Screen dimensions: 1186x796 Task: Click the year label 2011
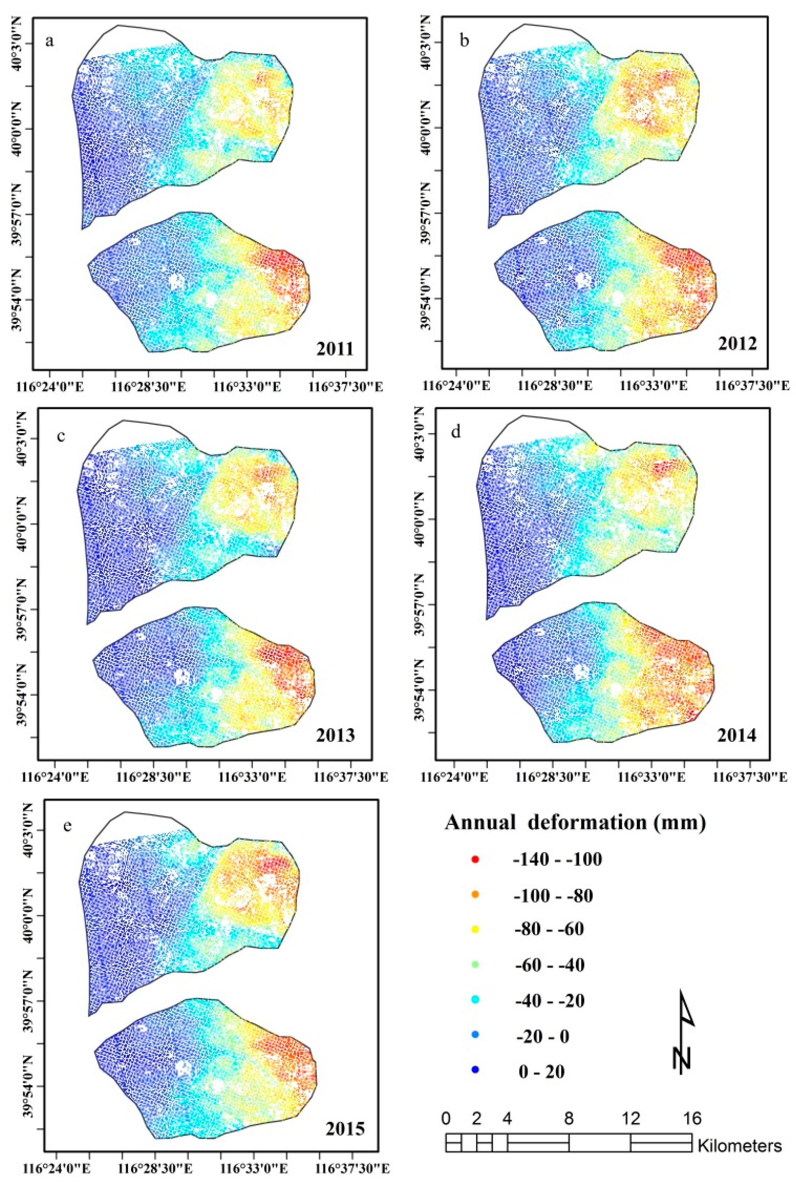point(335,349)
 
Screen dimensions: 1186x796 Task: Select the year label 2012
point(737,344)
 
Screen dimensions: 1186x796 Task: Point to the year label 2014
point(737,735)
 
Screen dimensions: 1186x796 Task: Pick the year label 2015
point(345,1125)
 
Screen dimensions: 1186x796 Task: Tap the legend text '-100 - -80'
point(554,896)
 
